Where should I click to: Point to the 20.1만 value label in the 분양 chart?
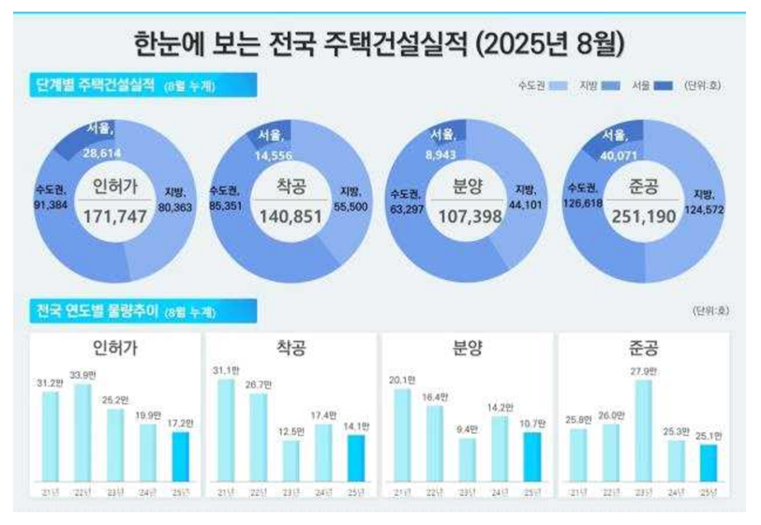pos(402,381)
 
